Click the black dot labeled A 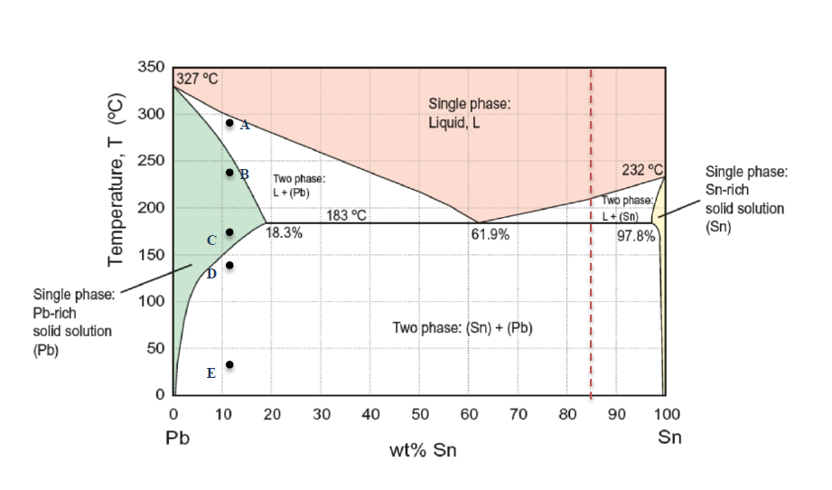229,123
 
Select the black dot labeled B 229,173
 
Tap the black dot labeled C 229,232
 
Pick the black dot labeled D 229,265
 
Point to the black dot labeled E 229,364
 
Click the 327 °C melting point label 197,79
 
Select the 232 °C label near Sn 642,170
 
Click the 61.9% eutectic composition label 490,234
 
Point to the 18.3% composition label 284,233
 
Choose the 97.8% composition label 636,235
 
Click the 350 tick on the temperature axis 151,68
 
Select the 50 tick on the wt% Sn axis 419,414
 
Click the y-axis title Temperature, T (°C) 116,183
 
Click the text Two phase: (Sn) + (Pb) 462,327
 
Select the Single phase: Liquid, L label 468,114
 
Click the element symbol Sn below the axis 669,438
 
